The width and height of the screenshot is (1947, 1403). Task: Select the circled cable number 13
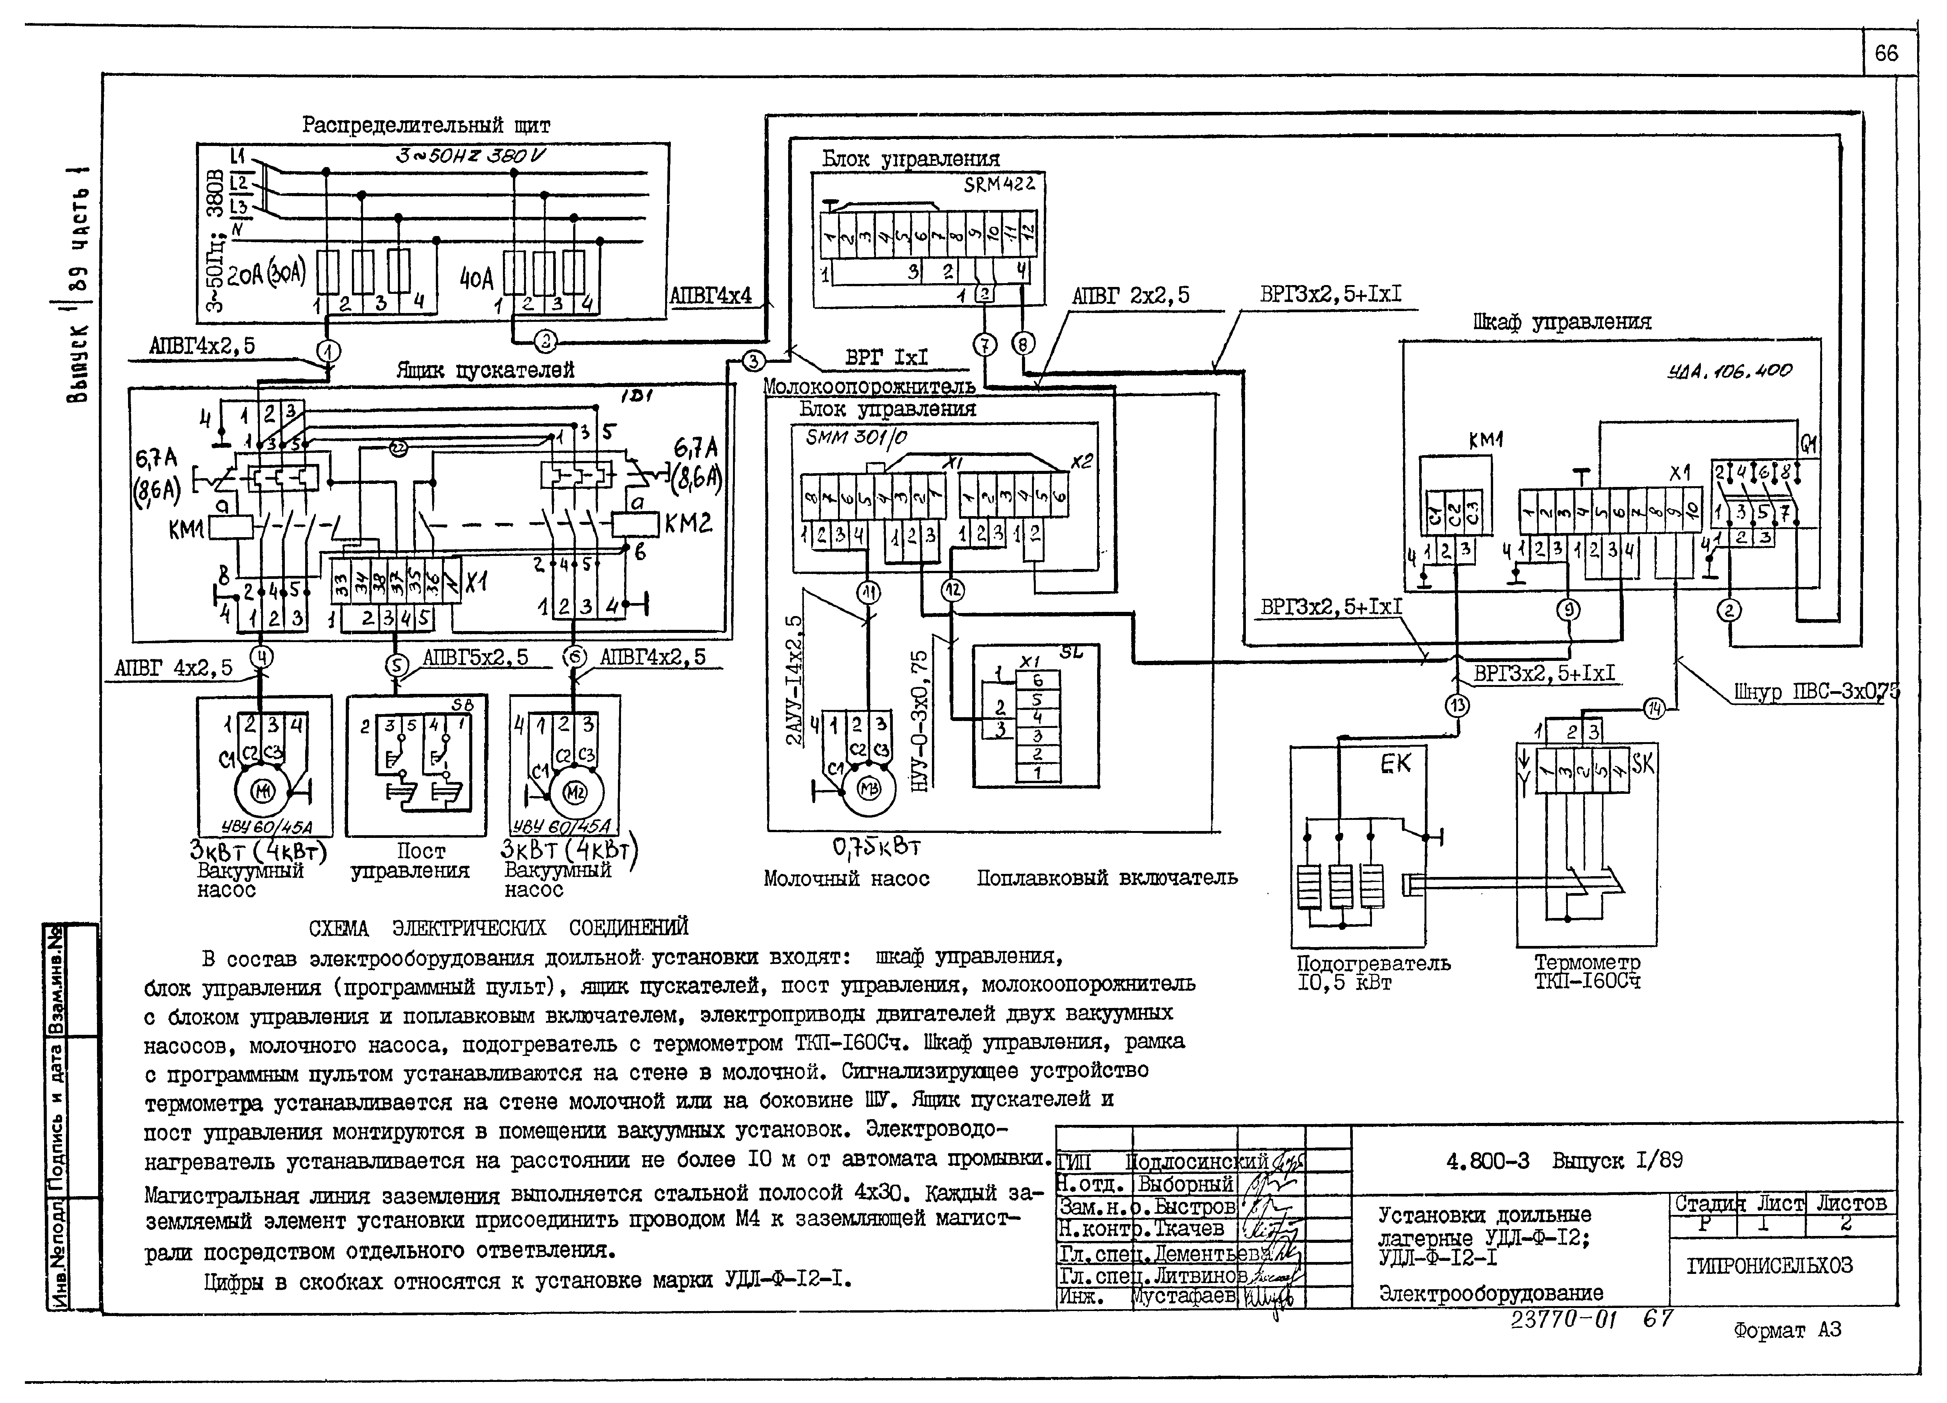point(1457,705)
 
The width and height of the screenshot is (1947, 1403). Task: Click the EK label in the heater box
point(1395,763)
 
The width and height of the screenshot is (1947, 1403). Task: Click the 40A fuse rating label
point(476,279)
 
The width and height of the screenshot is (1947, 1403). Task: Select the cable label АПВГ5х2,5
point(476,657)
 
